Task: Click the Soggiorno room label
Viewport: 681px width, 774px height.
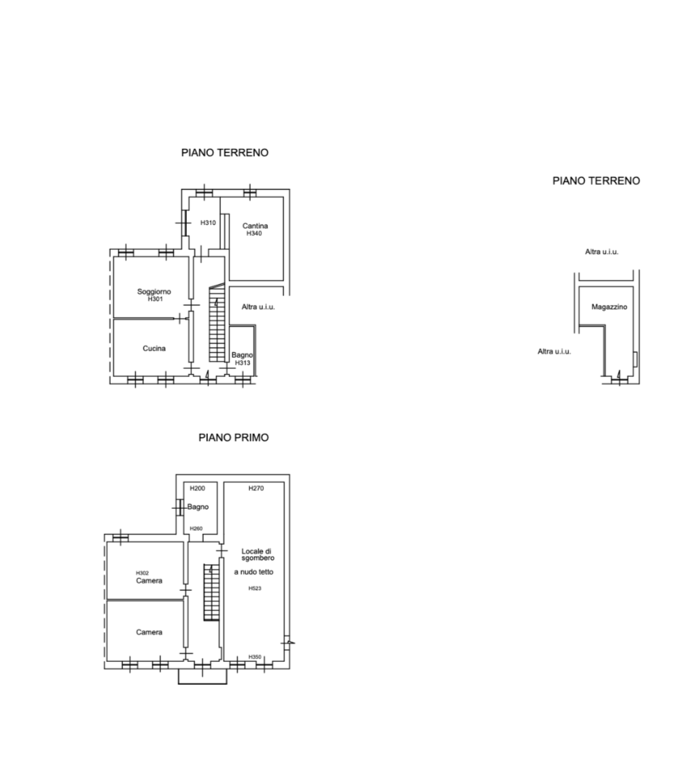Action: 154,292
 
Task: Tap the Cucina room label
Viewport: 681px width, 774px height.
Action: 154,348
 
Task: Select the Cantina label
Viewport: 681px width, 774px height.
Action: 255,226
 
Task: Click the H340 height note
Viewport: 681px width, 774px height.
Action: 254,233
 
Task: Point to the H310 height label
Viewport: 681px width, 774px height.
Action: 208,222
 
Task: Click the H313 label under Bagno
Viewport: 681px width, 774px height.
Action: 243,363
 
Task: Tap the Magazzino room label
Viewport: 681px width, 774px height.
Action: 609,307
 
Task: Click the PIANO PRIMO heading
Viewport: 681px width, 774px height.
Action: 234,438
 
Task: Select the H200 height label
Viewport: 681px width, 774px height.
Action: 197,488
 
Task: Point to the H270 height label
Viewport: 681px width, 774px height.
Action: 256,488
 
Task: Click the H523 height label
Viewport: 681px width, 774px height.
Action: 255,588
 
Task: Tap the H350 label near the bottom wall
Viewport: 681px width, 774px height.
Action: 255,657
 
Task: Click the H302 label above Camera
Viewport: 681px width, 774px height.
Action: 143,573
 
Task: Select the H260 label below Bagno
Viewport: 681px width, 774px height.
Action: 196,528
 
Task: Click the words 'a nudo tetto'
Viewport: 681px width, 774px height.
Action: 254,572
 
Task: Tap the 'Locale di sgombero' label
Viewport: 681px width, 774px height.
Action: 257,554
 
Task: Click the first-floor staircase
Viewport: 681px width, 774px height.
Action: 211,592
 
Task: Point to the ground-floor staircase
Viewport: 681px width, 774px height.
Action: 217,323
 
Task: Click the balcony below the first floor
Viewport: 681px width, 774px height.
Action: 203,677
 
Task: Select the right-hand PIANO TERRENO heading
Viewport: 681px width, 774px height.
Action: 596,181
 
